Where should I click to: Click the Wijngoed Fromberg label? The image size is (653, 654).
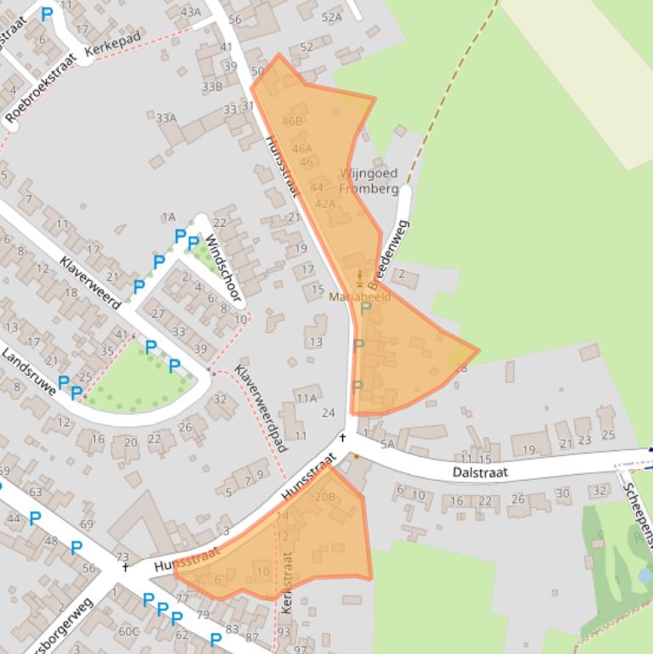(369, 181)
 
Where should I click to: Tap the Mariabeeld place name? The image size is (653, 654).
(359, 297)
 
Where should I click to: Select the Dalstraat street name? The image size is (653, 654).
(480, 469)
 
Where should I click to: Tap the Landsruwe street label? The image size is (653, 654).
(29, 369)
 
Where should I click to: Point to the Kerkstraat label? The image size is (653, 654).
(286, 582)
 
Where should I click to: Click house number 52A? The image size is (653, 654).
(332, 17)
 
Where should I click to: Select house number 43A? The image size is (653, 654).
(191, 12)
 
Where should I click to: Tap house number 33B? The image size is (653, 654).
(211, 87)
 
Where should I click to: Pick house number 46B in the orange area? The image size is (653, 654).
(291, 121)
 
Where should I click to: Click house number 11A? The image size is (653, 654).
(306, 397)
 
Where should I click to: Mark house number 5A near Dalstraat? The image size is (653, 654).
(387, 444)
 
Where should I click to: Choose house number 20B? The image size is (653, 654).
(324, 497)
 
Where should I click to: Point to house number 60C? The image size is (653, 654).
(128, 630)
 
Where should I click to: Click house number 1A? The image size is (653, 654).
(168, 218)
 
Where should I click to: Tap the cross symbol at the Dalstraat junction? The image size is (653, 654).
(343, 438)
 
